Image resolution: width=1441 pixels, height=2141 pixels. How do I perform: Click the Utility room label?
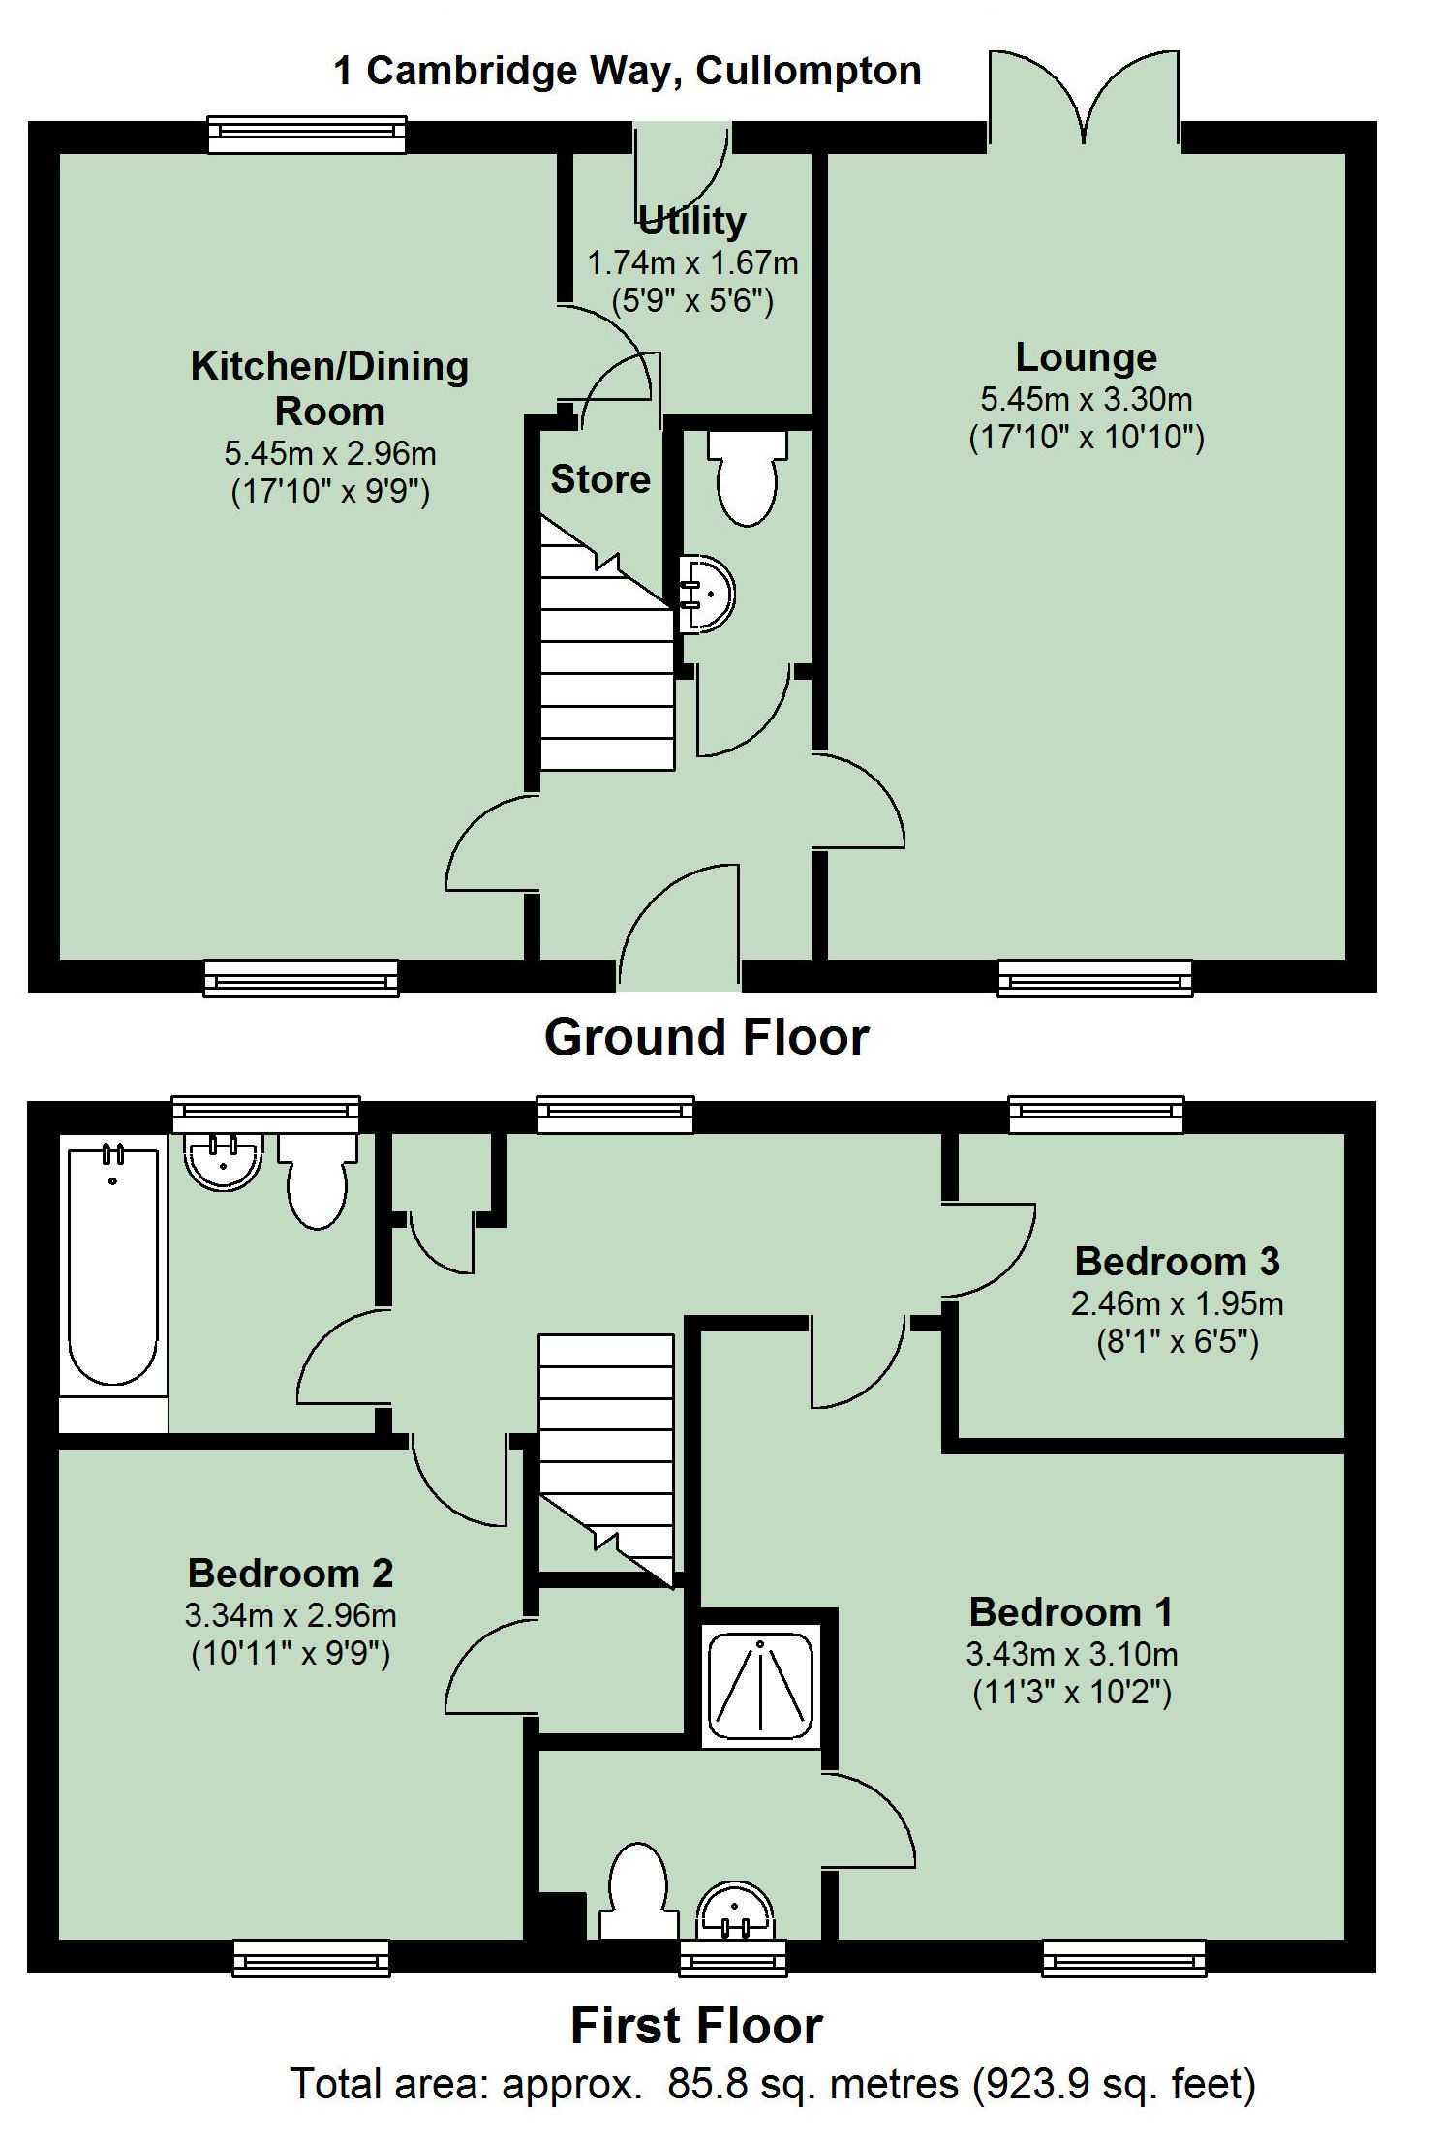[692, 222]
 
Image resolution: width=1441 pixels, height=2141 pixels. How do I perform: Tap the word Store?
[600, 479]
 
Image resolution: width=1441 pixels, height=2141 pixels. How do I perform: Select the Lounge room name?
[1086, 357]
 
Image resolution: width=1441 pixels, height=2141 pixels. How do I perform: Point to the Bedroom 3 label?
[1177, 1261]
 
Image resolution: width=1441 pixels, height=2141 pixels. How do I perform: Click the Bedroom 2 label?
[291, 1573]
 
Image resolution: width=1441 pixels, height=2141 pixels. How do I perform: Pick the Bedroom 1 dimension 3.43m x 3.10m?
[1071, 1653]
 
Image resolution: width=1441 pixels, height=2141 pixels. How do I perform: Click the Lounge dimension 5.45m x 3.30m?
[1086, 398]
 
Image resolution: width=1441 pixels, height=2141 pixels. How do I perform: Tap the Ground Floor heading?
[706, 1037]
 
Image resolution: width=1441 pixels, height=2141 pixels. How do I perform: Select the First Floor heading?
[696, 2025]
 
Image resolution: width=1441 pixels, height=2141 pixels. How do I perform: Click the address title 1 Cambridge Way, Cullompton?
[627, 71]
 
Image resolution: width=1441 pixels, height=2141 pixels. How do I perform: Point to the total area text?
[773, 2083]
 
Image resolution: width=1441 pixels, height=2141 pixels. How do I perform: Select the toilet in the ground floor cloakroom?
[747, 476]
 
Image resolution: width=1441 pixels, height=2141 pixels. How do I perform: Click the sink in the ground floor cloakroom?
[706, 594]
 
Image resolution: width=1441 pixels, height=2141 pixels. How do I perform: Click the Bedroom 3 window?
[1095, 1116]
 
